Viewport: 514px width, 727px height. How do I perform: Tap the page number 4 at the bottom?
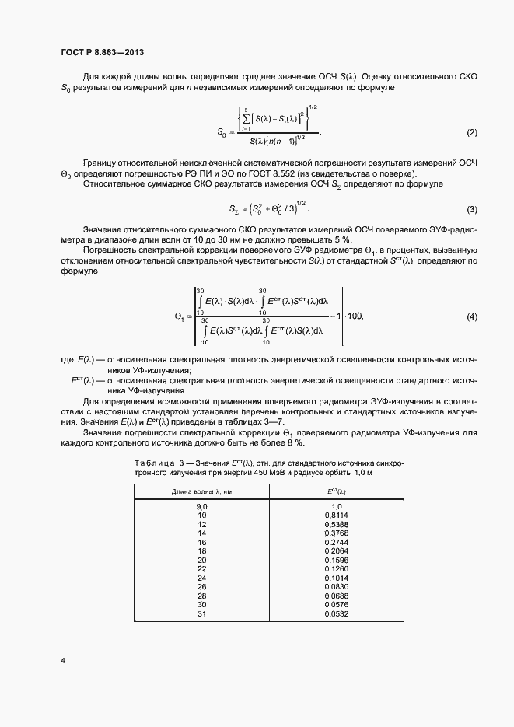coord(62,660)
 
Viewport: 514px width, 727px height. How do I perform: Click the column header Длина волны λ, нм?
coord(201,491)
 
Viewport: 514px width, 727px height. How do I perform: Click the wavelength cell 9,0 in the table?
coord(201,506)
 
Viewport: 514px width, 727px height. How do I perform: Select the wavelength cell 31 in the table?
coord(201,613)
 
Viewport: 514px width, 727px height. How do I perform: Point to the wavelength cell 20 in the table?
coord(201,560)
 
